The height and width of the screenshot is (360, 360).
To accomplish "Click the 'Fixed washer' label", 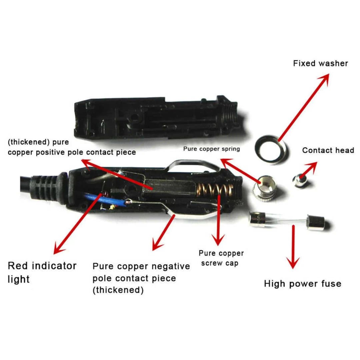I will pos(320,63).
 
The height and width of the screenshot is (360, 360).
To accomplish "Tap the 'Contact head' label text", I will pos(328,150).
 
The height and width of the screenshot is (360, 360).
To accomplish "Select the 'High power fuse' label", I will pos(303,284).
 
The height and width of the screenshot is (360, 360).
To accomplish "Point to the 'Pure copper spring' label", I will pos(211,149).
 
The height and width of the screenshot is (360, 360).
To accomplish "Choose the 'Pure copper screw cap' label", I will pos(221,258).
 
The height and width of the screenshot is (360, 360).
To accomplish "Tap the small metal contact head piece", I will pos(300,180).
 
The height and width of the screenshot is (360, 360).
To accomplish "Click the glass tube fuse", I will pos(287,222).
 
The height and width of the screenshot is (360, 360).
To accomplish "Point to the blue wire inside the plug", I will pos(103,200).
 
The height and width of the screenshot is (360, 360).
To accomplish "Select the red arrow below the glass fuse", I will pos(293,247).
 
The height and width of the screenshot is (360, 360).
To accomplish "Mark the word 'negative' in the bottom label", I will pos(170,267).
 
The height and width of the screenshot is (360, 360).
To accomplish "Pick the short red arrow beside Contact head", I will pos(308,169).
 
